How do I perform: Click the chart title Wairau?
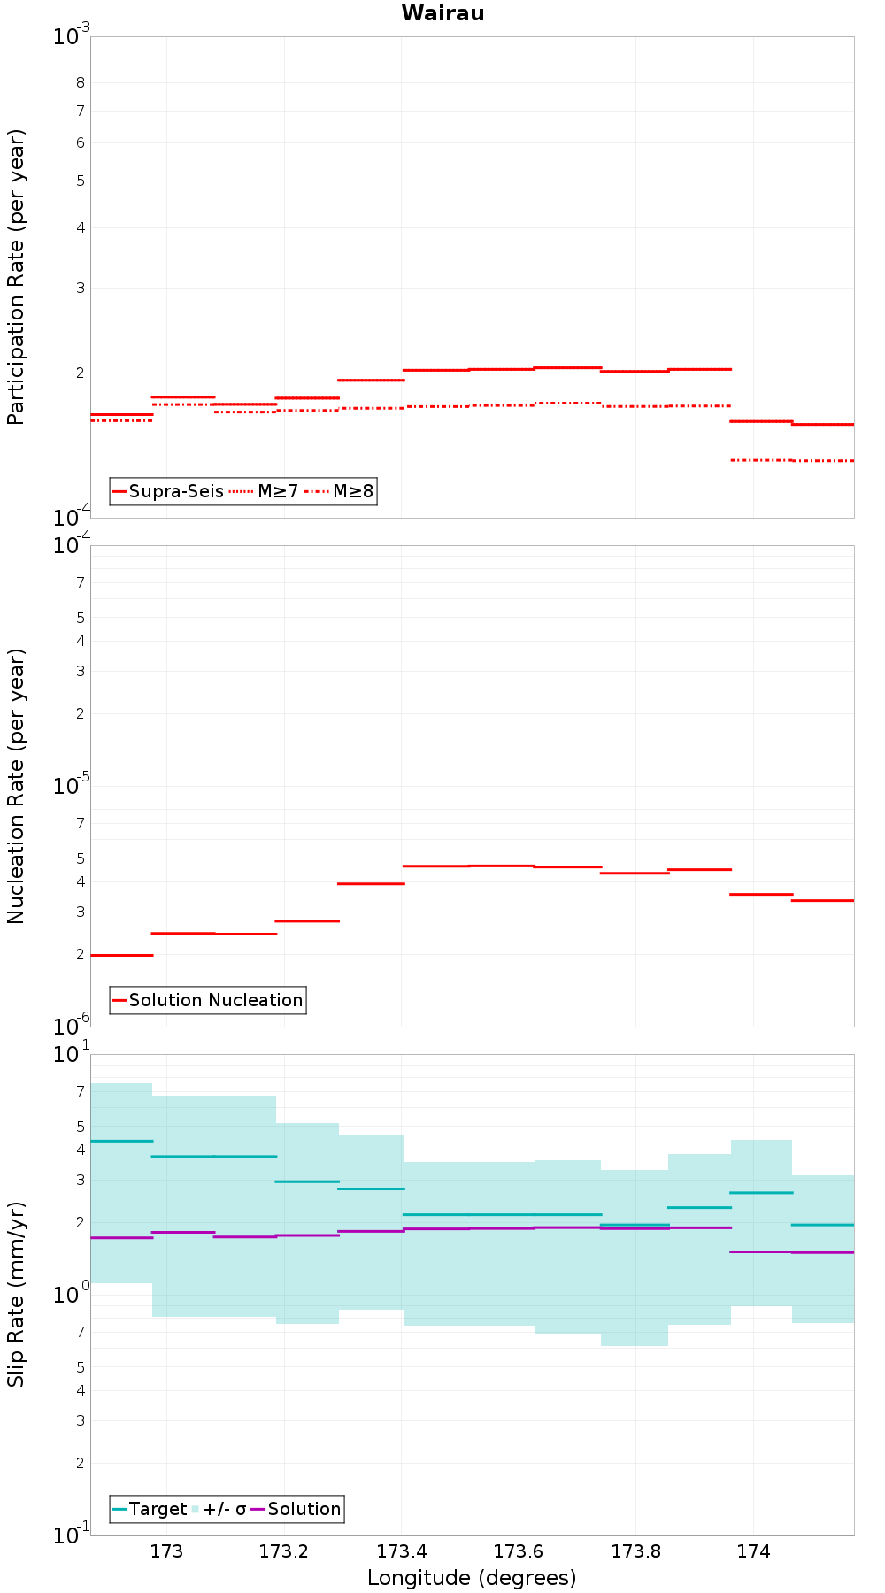click(x=442, y=13)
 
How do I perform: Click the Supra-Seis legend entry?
click(x=167, y=491)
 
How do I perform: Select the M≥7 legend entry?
click(x=264, y=491)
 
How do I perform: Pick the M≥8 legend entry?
click(x=339, y=491)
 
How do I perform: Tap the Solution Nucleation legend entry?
click(x=207, y=1000)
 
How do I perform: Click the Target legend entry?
click(x=149, y=1509)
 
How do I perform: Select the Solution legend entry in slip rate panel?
click(x=296, y=1509)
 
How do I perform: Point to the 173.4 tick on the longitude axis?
click(x=401, y=1551)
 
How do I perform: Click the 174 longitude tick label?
click(x=752, y=1551)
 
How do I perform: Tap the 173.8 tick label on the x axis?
click(x=635, y=1551)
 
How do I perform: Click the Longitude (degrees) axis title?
click(x=472, y=1578)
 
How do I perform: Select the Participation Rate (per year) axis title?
click(x=16, y=277)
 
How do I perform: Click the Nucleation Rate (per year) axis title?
click(x=16, y=787)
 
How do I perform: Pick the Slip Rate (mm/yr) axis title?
click(x=16, y=1295)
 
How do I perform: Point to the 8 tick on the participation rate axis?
click(x=81, y=83)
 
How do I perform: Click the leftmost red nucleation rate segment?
click(x=121, y=955)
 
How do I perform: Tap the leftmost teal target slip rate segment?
click(x=121, y=1141)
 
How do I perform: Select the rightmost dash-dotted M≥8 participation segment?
click(x=823, y=460)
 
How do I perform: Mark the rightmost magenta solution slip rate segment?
click(x=823, y=1252)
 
